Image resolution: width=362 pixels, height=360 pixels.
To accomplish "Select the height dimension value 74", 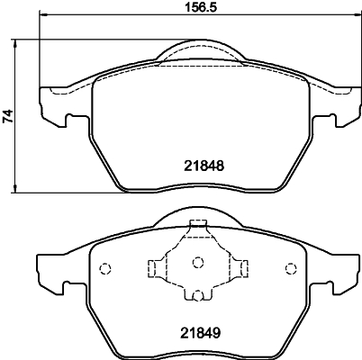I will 10,115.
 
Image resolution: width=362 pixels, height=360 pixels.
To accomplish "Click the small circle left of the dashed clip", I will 104,267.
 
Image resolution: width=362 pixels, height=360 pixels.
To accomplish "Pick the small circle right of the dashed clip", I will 290,267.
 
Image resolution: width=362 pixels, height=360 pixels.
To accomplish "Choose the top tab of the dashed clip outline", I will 197,229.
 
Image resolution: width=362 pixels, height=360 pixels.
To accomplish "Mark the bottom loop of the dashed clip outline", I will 197,295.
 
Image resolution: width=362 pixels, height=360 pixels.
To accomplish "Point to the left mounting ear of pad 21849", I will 50,274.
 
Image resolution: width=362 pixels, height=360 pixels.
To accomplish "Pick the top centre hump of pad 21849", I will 196,217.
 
